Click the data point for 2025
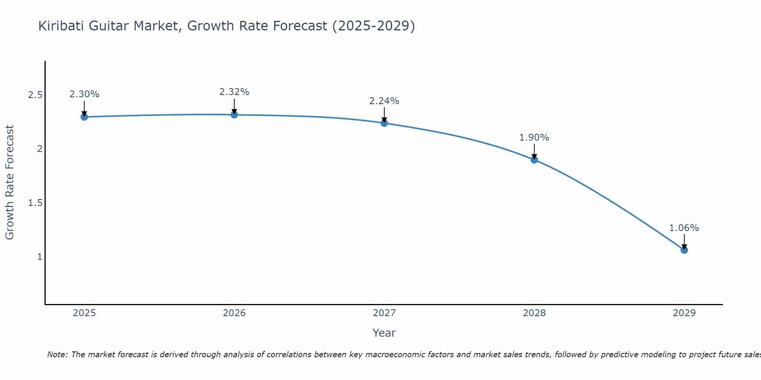84,117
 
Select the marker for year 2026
234,114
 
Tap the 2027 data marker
384,123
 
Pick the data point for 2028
534,160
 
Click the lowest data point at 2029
684,250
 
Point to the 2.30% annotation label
84,94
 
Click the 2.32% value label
234,92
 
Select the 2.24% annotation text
384,101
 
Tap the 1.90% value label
534,138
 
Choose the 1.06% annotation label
684,228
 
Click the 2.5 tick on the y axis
35,95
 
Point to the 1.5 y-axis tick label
35,203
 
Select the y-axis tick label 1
40,257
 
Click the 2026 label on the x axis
234,313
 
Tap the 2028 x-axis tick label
534,313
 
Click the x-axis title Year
384,333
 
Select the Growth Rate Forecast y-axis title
10,182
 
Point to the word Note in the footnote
57,355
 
